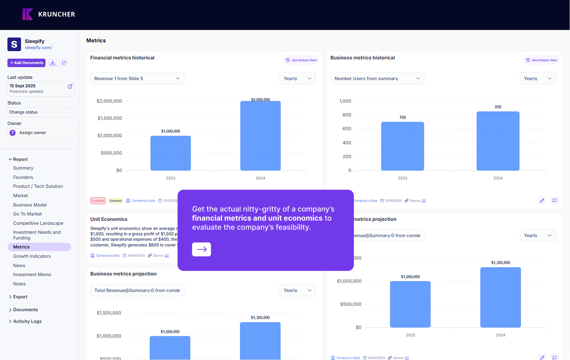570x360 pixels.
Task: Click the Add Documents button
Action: (x=26, y=63)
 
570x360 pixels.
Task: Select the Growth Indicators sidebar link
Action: (x=32, y=256)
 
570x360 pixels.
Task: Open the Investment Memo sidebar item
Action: (x=32, y=275)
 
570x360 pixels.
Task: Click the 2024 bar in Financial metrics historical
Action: (x=260, y=136)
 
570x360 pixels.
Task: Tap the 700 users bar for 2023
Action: (x=402, y=146)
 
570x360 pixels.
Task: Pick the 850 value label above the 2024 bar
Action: (x=498, y=107)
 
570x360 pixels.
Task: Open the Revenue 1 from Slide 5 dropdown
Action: (x=137, y=78)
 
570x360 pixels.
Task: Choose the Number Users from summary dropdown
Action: (x=377, y=78)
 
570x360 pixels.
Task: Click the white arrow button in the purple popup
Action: (x=201, y=249)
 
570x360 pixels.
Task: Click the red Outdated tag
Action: (x=98, y=201)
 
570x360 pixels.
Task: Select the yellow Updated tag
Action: (x=116, y=201)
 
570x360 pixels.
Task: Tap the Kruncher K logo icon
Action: (x=27, y=14)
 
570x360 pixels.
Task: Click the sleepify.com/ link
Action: (x=38, y=48)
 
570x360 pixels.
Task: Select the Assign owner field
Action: (x=41, y=133)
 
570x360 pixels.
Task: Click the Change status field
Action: (x=41, y=112)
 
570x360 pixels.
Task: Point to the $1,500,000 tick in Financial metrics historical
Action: (x=109, y=118)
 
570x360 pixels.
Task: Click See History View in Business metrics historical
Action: (x=541, y=60)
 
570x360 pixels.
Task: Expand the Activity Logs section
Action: (x=27, y=322)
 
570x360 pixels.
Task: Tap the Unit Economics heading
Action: (x=109, y=219)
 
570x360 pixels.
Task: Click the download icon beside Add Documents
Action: (x=53, y=63)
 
